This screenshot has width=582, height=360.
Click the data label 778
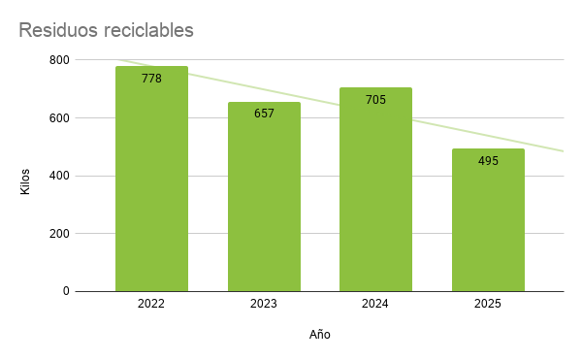(x=151, y=79)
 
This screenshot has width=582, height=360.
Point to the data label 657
(x=264, y=114)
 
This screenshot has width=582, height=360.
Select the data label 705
(x=375, y=100)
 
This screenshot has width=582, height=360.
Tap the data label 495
(x=488, y=161)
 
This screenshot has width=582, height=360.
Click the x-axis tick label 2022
(x=151, y=304)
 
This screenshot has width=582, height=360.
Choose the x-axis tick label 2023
(x=264, y=304)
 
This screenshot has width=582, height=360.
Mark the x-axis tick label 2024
(x=375, y=304)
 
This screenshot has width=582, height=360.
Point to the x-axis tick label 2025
(x=488, y=304)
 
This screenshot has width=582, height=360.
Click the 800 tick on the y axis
(x=59, y=60)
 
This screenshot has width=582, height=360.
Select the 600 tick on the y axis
(x=59, y=118)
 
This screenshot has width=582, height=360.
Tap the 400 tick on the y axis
(x=59, y=176)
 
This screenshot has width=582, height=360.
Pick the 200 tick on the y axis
(x=59, y=234)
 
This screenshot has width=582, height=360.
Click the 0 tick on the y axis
(x=66, y=291)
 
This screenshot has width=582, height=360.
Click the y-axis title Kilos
(x=25, y=181)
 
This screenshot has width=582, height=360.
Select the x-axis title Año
(x=320, y=335)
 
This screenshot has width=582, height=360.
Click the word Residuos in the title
(x=55, y=30)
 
